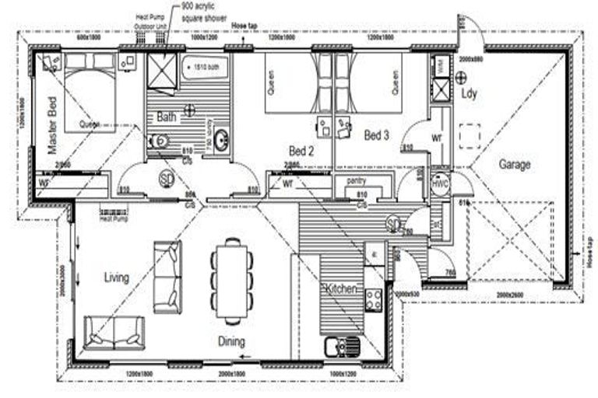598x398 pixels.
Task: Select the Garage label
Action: (x=515, y=164)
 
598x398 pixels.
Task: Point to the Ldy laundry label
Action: (x=469, y=94)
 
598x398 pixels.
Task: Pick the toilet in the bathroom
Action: (x=158, y=141)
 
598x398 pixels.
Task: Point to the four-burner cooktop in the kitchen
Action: (x=373, y=299)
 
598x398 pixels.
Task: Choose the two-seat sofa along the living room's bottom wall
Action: (x=114, y=333)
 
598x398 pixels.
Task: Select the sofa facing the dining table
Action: (x=167, y=276)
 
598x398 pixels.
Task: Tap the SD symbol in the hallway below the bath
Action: (x=167, y=178)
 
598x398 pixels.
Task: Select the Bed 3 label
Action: (x=376, y=135)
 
